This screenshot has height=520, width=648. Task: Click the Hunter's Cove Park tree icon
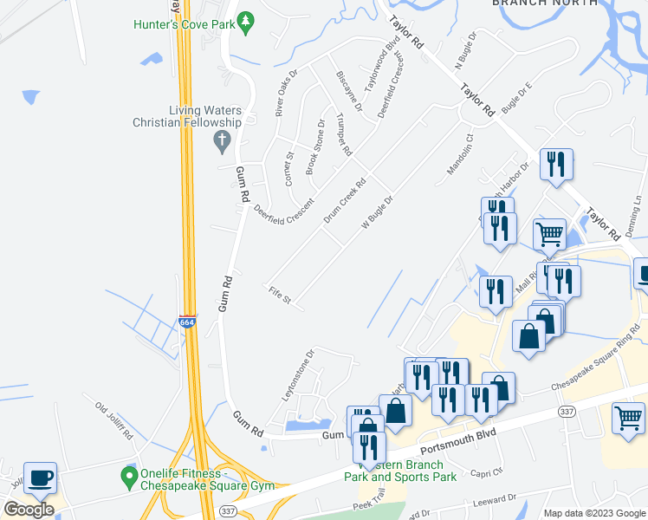246,22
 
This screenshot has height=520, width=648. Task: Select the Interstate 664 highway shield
187,322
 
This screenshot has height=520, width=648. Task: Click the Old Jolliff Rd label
113,420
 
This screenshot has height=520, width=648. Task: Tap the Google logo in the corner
29,509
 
